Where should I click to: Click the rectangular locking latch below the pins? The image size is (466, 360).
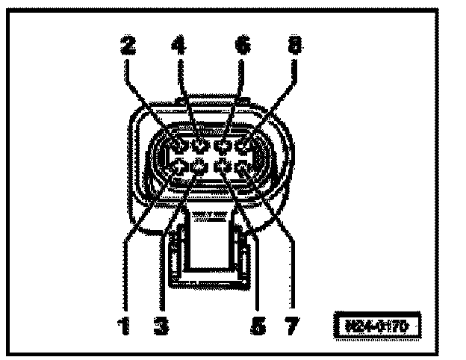tap(210, 246)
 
